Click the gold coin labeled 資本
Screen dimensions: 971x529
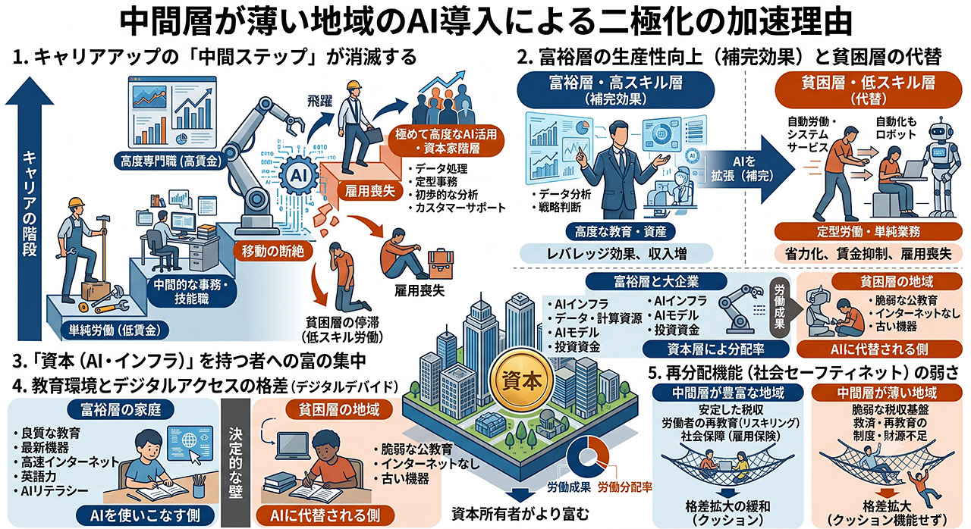pyautogui.click(x=521, y=381)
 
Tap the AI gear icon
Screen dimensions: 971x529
pyautogui.click(x=298, y=176)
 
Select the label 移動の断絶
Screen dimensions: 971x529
pyautogui.click(x=272, y=251)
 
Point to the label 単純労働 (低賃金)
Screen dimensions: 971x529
pyautogui.click(x=114, y=331)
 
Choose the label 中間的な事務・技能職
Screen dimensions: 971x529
pyautogui.click(x=192, y=292)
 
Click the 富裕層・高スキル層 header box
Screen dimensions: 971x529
pyautogui.click(x=615, y=89)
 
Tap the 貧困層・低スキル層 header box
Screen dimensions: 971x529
pyautogui.click(x=869, y=89)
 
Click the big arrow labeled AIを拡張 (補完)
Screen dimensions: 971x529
pyautogui.click(x=745, y=169)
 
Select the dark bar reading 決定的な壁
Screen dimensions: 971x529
pyautogui.click(x=236, y=462)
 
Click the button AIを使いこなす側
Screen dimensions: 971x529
pyautogui.click(x=145, y=515)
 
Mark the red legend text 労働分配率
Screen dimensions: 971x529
pyautogui.click(x=625, y=487)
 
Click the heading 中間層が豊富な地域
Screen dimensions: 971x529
pyautogui.click(x=727, y=393)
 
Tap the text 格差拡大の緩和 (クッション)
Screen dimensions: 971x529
pyautogui.click(x=727, y=512)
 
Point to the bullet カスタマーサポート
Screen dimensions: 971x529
pyautogui.click(x=457, y=208)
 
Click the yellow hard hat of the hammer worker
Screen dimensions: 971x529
pyautogui.click(x=77, y=202)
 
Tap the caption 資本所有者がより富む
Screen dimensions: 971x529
pyautogui.click(x=520, y=514)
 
